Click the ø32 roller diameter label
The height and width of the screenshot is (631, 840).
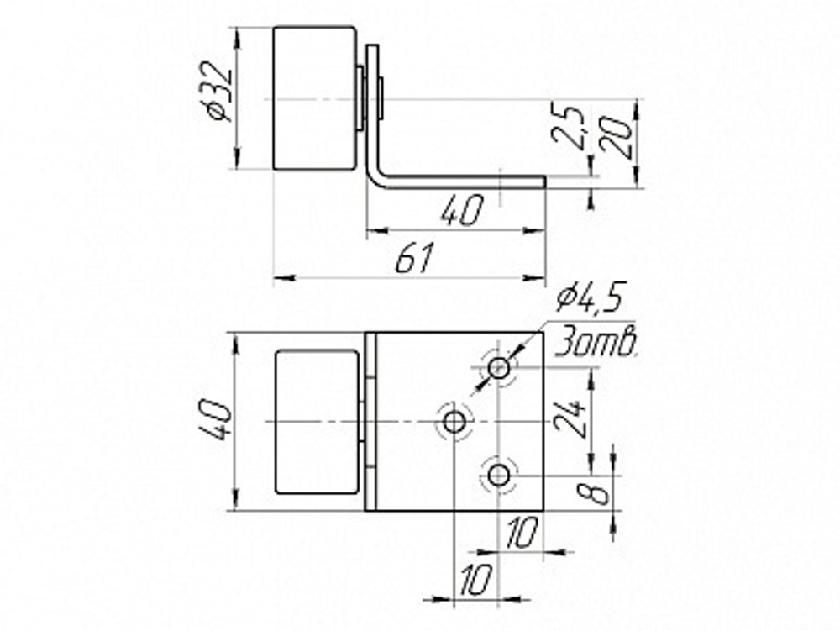220,92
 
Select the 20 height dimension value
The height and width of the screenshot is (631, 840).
615,137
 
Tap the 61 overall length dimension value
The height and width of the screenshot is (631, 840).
415,258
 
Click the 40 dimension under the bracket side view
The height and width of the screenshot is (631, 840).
462,211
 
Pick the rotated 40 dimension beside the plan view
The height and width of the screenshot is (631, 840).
219,420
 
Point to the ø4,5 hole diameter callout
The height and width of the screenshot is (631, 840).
591,298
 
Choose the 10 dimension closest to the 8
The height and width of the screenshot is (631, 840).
522,534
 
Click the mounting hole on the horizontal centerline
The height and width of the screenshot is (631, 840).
454,422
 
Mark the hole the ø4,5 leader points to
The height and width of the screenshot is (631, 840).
499,368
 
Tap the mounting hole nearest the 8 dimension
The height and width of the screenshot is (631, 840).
499,475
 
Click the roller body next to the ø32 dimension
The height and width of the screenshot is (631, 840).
314,98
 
